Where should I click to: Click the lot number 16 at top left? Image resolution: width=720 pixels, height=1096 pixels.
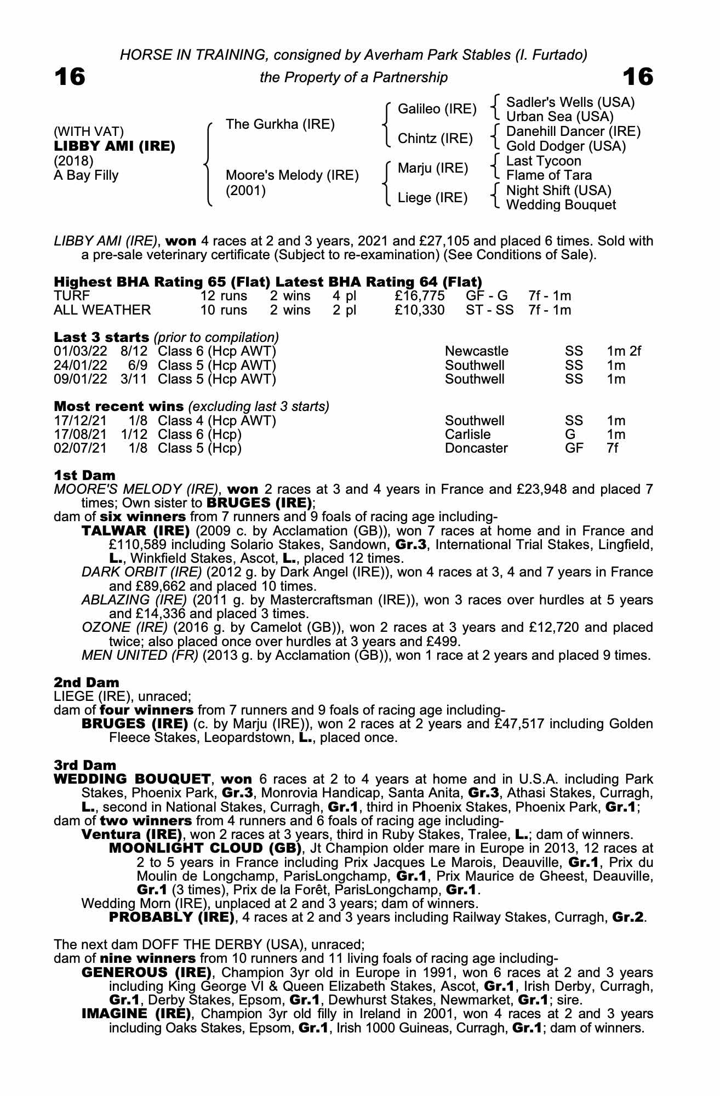(x=70, y=77)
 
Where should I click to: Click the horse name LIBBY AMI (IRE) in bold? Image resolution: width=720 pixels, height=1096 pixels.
(x=115, y=146)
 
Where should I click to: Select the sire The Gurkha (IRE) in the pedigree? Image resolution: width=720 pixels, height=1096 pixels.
(x=280, y=124)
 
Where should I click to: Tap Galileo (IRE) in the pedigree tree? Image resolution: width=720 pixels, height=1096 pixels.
(x=437, y=109)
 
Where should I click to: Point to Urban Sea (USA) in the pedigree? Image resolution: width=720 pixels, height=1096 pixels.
(x=559, y=117)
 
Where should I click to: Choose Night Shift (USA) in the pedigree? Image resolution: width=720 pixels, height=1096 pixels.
(x=558, y=190)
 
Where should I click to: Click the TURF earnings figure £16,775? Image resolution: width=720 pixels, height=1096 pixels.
(x=419, y=296)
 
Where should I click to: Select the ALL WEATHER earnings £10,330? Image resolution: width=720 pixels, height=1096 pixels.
(x=419, y=310)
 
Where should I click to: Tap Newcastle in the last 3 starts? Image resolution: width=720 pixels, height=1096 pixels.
(x=476, y=351)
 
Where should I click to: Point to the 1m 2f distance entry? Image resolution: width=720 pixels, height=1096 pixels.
(x=624, y=351)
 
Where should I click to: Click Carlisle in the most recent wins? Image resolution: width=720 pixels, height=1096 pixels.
(x=467, y=435)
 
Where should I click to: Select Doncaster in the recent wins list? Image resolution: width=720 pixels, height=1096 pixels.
(x=476, y=448)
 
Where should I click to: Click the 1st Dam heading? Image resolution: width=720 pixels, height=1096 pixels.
(x=84, y=475)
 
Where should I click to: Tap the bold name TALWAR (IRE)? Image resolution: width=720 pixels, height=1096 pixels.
(x=135, y=531)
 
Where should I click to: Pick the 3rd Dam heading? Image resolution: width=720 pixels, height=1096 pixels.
(x=85, y=765)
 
